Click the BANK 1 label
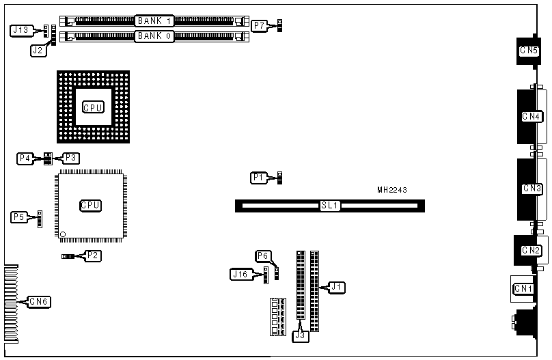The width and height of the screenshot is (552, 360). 154,21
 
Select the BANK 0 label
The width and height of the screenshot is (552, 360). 154,36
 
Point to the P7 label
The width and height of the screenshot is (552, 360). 260,26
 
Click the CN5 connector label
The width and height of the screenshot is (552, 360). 529,50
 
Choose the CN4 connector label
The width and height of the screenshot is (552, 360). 532,116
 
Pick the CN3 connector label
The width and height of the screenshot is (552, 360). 532,188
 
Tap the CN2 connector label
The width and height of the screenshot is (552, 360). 532,250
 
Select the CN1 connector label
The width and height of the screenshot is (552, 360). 523,288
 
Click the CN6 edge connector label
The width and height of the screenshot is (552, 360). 39,301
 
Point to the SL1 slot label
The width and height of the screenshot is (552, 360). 330,205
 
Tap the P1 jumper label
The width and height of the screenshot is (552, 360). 258,178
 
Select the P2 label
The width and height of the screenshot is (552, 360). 93,256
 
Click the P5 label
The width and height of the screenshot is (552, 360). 19,217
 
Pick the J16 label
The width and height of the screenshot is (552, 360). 240,275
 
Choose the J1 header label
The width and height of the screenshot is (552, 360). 335,287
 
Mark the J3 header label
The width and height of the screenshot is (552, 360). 301,335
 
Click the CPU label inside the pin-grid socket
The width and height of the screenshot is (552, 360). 93,107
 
